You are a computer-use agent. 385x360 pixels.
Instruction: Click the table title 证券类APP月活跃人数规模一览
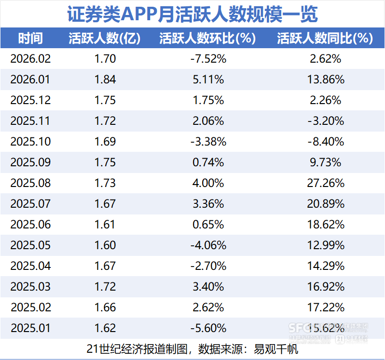coord(192,13)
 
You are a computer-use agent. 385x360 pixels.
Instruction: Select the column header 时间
coord(30,39)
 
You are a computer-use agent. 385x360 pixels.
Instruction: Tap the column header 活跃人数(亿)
coord(105,39)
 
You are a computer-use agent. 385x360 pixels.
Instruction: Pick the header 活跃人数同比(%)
coord(325,39)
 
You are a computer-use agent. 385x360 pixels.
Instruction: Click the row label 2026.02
coord(30,59)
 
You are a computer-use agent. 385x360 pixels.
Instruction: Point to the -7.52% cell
coord(207,59)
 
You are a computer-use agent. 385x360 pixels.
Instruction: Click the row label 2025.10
coord(30,142)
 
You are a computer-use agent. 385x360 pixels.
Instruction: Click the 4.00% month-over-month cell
coord(207,183)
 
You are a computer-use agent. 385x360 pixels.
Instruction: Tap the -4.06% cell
coord(207,245)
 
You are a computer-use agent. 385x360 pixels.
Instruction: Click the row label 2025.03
coord(30,287)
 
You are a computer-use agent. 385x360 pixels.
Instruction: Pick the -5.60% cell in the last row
coord(207,328)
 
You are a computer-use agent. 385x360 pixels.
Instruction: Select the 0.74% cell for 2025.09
coord(207,162)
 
